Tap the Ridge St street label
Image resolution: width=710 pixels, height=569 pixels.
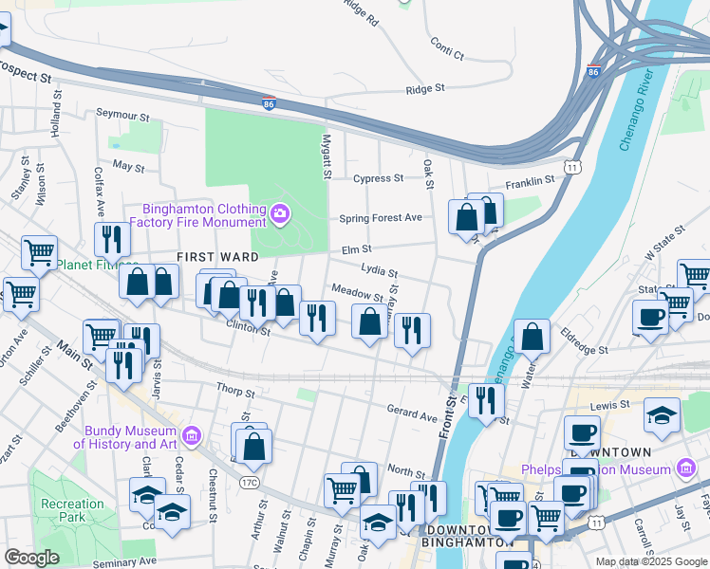pos(425,89)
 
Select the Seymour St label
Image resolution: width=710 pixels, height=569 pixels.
pos(123,116)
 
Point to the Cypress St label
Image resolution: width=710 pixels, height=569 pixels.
pos(378,178)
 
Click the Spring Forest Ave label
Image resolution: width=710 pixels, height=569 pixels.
pos(381,218)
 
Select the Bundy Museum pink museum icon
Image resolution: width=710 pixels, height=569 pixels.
pos(192,435)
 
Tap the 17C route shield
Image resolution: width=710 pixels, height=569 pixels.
pos(250,483)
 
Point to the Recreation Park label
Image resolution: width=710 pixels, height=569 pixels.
pos(72,510)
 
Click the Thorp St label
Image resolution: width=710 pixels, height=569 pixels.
pos(235,391)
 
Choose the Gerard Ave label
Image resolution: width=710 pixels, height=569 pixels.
pos(411,414)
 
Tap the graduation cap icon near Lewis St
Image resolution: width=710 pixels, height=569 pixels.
pos(663,414)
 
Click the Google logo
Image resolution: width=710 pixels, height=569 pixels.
pos(32,558)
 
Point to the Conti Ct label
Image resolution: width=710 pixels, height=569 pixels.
pos(446,48)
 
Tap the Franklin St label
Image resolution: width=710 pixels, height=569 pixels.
pos(530,180)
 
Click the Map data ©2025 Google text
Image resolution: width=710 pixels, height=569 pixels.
pos(650,561)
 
